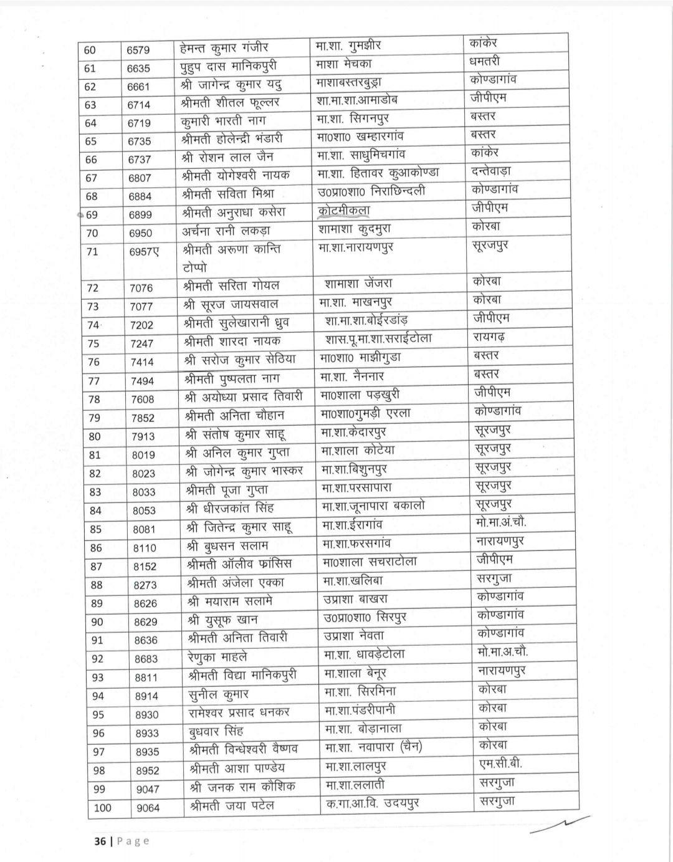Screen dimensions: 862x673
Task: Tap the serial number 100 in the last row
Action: click(x=102, y=808)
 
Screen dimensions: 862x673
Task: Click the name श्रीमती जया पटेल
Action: click(x=231, y=805)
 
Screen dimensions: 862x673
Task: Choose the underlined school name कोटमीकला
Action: click(x=346, y=211)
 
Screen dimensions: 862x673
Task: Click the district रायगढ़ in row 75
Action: click(x=489, y=337)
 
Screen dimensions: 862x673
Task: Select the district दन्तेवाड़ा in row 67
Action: click(x=492, y=171)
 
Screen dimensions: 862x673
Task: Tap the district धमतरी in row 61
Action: click(x=485, y=62)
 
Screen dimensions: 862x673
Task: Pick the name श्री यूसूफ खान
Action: click(x=222, y=620)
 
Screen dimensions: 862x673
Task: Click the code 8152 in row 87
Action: click(x=144, y=567)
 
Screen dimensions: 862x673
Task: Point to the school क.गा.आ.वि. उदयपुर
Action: click(x=373, y=803)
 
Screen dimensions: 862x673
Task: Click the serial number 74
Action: click(x=94, y=325)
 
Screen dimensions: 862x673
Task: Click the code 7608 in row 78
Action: click(x=143, y=399)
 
